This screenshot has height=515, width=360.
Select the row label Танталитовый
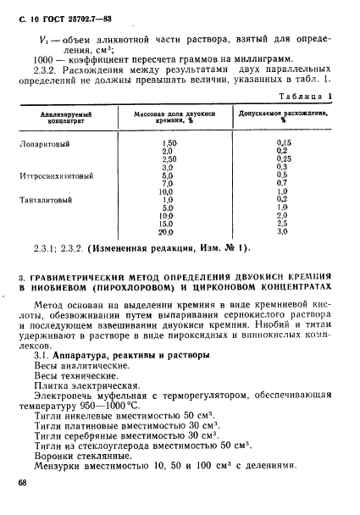coord(46,200)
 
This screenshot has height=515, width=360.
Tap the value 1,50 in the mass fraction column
coord(169,143)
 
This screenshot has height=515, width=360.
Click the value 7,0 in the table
coord(168,183)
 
